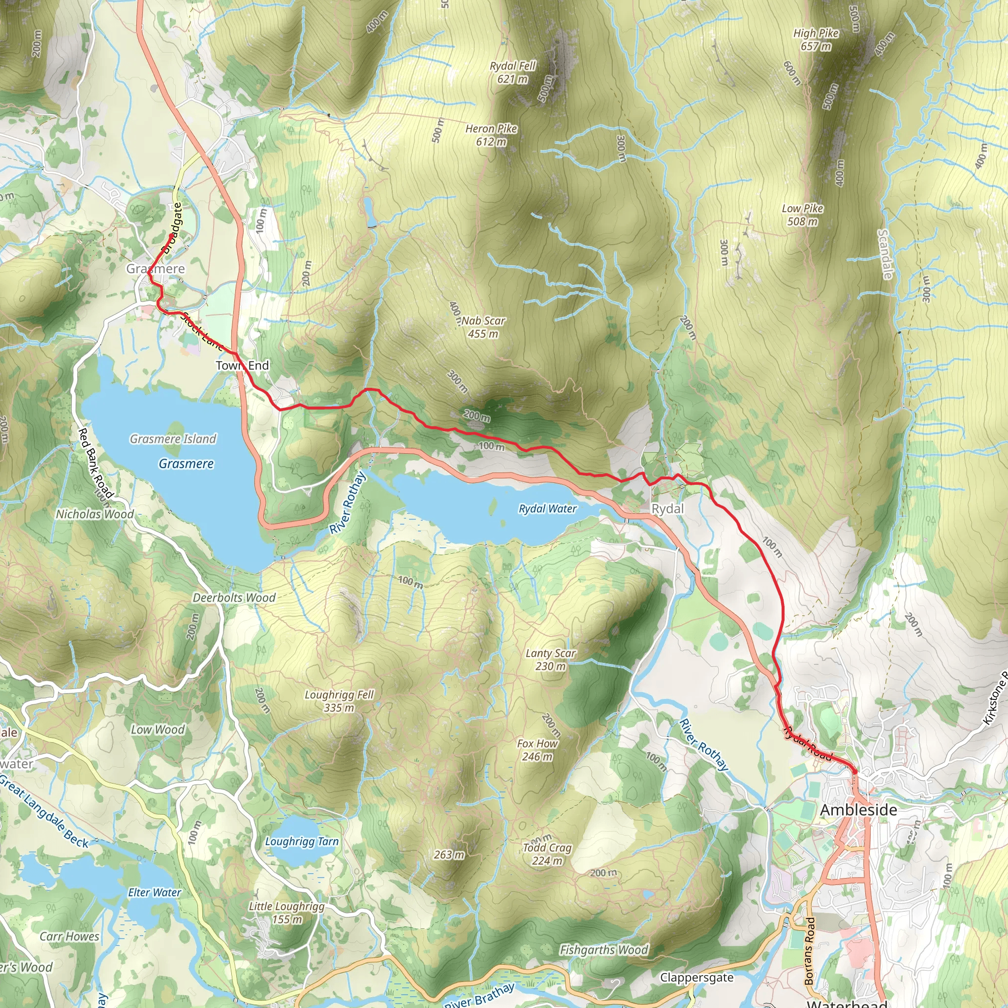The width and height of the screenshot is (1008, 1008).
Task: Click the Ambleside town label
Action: tap(858, 810)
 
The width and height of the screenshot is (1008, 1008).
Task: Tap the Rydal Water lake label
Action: tap(547, 509)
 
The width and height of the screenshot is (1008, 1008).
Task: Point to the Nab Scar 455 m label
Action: tap(483, 327)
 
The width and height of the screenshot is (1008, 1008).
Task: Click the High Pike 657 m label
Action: tap(816, 40)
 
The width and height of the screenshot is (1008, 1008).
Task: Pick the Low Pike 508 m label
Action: tap(802, 215)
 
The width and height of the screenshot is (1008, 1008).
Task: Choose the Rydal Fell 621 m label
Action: tap(512, 72)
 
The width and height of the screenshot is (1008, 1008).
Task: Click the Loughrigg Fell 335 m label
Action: tap(339, 701)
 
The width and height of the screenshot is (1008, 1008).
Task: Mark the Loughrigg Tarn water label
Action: tap(302, 842)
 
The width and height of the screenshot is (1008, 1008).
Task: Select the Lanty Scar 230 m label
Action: tap(550, 660)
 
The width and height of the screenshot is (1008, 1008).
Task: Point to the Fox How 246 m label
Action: tap(537, 750)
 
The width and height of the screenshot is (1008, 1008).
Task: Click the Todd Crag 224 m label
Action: tap(547, 854)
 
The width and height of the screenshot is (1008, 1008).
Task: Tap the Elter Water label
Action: tap(155, 893)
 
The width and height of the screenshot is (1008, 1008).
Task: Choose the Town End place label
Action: tap(243, 365)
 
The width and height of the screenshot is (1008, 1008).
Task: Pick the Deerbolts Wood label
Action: tap(234, 598)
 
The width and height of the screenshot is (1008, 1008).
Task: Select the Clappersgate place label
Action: tap(696, 977)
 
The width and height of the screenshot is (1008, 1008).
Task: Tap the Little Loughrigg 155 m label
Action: tap(286, 913)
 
